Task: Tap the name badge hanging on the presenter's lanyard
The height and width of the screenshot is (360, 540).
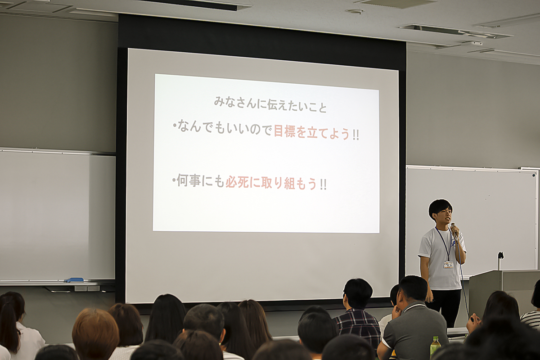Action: pyautogui.click(x=448, y=264)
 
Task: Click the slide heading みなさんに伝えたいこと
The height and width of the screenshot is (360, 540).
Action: pyautogui.click(x=270, y=106)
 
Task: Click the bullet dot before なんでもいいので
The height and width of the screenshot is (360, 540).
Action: pyautogui.click(x=174, y=126)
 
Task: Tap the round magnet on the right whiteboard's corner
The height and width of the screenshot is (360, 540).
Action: pyautogui.click(x=534, y=176)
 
